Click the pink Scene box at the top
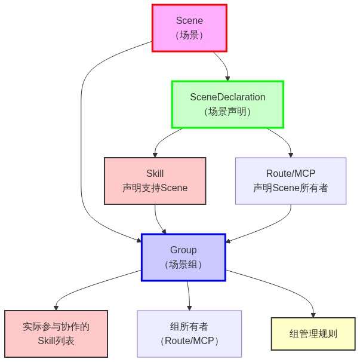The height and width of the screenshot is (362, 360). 189,28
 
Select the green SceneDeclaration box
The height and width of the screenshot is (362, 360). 227,104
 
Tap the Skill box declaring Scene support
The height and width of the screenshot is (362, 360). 155,180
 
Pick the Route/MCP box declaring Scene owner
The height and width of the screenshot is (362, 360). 291,180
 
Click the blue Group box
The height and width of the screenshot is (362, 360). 183,257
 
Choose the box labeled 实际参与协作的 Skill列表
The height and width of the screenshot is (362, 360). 56,334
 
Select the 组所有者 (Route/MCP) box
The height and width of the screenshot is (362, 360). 189,334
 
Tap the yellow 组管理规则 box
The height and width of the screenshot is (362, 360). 313,334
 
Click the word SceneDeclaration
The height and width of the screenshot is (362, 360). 227,97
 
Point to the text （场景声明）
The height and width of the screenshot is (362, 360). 227,112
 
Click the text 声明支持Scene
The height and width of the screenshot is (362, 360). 155,188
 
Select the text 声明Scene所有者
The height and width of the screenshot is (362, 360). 291,188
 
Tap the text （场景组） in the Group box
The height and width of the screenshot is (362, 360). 183,265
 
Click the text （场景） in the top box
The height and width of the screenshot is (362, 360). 189,35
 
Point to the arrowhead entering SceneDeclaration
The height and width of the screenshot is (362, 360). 227,78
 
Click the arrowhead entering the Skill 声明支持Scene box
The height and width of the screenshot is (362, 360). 155,154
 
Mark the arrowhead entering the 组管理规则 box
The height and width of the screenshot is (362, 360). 313,314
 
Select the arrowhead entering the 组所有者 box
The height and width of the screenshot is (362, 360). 189,307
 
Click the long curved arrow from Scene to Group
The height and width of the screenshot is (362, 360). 81,149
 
